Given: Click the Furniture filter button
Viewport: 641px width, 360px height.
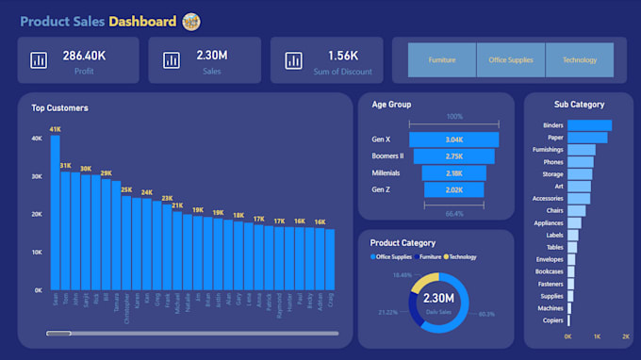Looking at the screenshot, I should tap(441, 60).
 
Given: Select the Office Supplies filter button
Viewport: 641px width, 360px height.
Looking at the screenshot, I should tap(511, 60).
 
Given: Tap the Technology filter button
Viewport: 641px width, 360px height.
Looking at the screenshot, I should tap(580, 60).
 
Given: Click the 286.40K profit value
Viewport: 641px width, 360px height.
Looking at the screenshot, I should tap(84, 56).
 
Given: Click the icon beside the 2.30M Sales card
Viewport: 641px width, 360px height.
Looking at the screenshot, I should tap(171, 60).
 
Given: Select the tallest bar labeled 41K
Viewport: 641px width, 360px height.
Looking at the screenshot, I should tap(55, 212).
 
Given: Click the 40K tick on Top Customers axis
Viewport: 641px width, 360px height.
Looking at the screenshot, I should tap(37, 138).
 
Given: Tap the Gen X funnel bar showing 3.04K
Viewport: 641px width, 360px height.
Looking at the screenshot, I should tap(454, 139).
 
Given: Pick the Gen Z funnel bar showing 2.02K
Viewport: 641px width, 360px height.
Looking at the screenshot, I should tap(454, 190).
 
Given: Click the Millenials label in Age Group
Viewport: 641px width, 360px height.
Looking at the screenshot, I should tap(386, 173).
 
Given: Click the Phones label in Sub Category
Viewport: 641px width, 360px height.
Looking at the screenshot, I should tap(554, 162).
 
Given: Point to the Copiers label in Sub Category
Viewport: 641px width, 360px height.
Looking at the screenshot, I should tap(552, 320).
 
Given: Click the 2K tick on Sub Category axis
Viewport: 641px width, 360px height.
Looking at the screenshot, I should tap(625, 336).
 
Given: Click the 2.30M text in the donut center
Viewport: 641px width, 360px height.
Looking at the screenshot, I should tap(439, 299).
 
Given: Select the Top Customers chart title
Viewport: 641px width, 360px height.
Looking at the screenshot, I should tap(59, 108).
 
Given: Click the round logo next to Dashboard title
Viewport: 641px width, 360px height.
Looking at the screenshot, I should tap(191, 22).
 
